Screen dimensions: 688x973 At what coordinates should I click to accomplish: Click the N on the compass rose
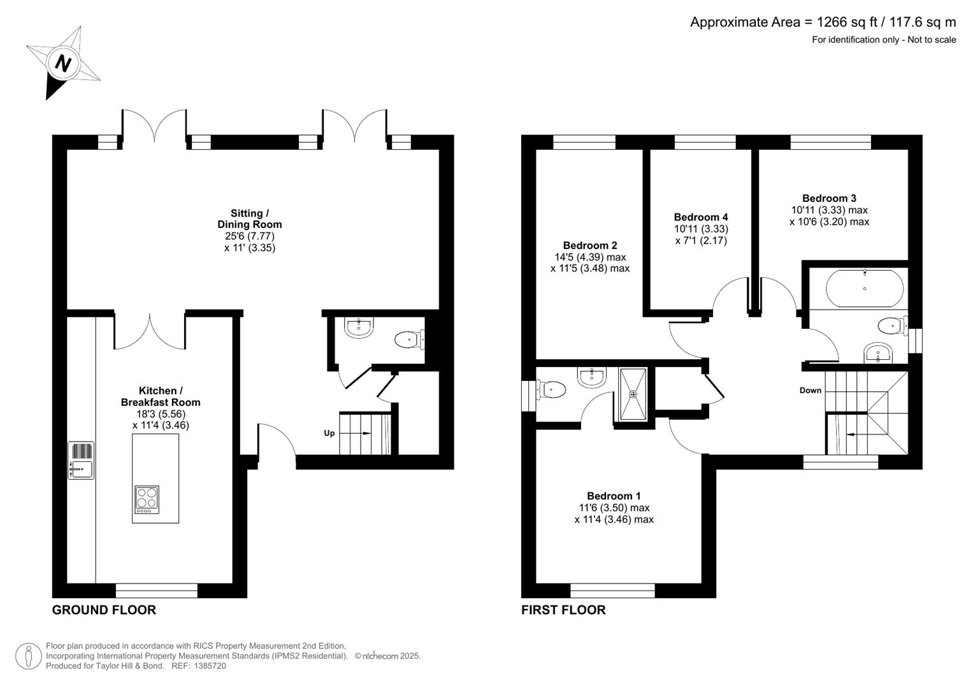point(62,63)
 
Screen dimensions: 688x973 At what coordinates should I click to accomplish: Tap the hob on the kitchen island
point(147,500)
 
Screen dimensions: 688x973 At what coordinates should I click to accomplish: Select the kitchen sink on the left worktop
point(81,461)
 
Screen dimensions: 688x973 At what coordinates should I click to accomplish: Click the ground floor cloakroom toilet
point(408,340)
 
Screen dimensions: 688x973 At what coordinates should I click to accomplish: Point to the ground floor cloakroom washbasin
point(358,328)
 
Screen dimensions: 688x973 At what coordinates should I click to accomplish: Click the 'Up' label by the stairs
point(329,433)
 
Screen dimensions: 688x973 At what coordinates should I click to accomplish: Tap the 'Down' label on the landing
point(810,390)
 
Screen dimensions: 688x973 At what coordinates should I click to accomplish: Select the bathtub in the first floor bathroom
point(864,289)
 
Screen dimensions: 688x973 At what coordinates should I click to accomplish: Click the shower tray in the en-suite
point(633,394)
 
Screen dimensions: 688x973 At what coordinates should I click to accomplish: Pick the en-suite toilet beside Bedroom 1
point(551,389)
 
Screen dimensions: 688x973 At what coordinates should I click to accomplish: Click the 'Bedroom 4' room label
point(700,217)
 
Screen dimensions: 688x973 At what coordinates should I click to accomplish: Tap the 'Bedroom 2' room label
point(589,245)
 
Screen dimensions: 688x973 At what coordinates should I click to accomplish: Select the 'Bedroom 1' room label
point(614,496)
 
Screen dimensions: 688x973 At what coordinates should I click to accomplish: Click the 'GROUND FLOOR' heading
point(104,610)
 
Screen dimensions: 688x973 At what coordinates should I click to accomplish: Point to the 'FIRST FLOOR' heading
point(563,610)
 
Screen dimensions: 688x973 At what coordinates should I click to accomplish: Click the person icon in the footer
point(29,656)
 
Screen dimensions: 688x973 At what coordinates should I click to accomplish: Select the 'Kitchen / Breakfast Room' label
point(161,396)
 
